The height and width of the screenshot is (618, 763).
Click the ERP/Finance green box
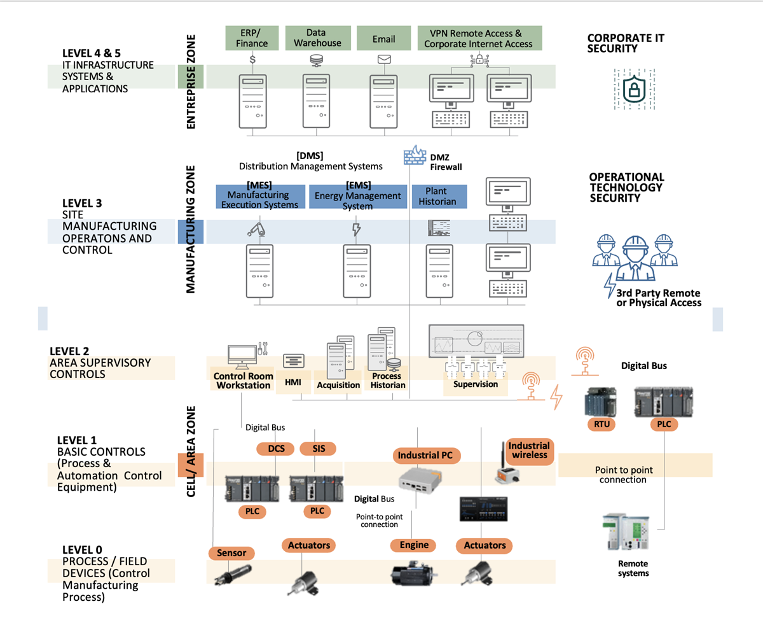point(252,38)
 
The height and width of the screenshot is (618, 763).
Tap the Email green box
point(383,38)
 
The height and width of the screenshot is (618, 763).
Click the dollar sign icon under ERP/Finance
point(252,60)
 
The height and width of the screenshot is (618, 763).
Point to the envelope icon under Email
point(383,60)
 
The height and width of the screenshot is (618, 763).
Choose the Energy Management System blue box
point(357,196)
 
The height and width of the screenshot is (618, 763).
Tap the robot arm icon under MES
point(256,228)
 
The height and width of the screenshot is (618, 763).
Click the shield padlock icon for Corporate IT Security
point(632,89)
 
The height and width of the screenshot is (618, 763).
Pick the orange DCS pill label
point(276,449)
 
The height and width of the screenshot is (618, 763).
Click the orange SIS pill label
point(317,449)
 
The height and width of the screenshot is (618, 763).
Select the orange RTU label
point(601,424)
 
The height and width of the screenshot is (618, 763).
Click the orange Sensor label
point(231,553)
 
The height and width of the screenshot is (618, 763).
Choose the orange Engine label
point(414,545)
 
